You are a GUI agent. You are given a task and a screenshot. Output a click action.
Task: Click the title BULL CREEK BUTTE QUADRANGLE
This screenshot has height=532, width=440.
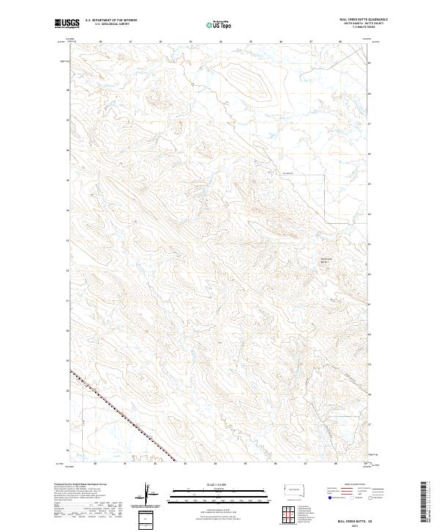coord(362,20)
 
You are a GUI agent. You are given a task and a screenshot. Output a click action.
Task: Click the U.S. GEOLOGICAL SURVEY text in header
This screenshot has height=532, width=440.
coord(109,25)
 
